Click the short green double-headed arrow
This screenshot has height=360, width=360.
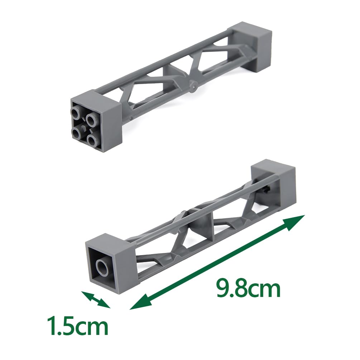[x=96, y=299]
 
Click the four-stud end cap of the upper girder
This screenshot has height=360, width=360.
[x=96, y=122]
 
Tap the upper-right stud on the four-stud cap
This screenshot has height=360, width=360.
[x=90, y=119]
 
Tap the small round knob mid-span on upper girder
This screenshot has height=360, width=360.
[x=194, y=86]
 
